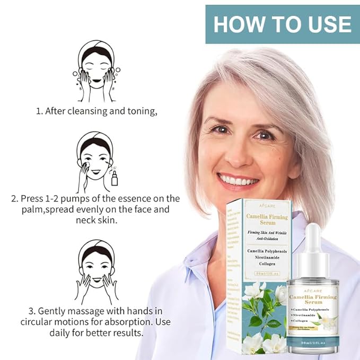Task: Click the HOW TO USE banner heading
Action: pyautogui.click(x=282, y=24)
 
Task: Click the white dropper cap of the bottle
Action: pyautogui.click(x=313, y=242)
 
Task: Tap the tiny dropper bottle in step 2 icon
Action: pyautogui.click(x=114, y=178)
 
